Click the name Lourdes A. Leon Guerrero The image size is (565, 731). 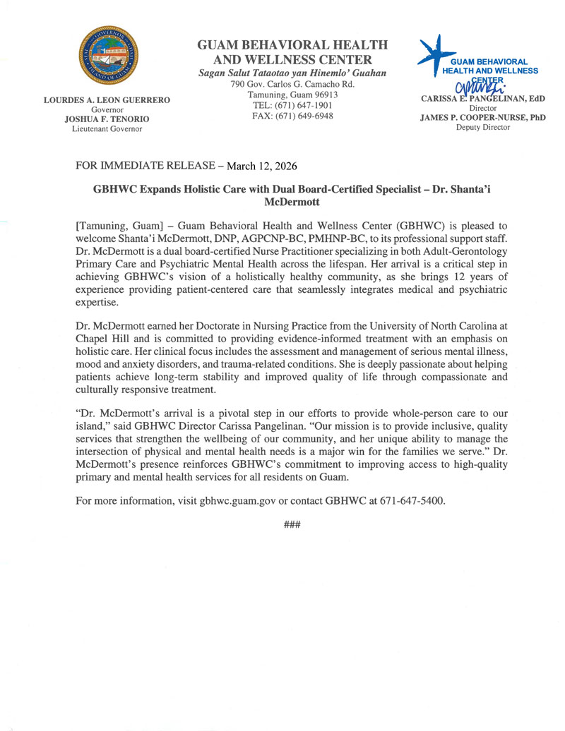tap(108, 101)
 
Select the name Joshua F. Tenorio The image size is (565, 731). tap(108, 119)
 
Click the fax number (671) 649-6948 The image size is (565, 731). tap(292, 115)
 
